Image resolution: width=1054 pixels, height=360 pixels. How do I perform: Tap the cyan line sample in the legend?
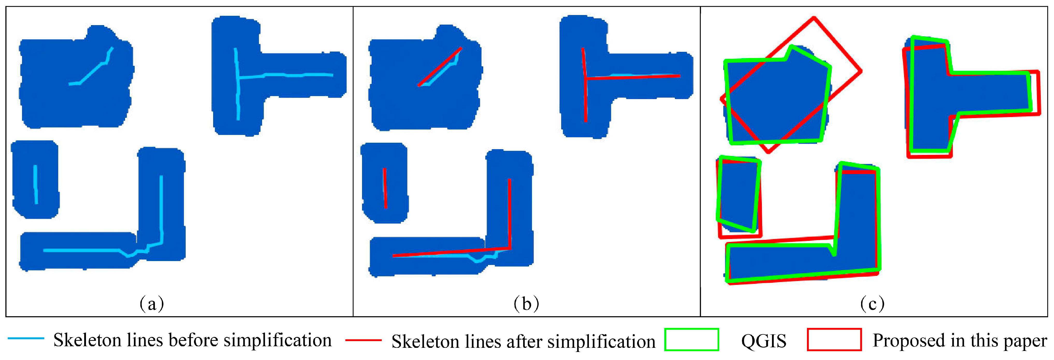26,338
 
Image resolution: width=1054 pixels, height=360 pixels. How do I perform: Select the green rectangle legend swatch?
691,340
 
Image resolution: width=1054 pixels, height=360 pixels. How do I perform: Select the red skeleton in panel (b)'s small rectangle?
385,188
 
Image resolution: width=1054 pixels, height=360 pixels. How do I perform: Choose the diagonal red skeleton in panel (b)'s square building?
440,67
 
